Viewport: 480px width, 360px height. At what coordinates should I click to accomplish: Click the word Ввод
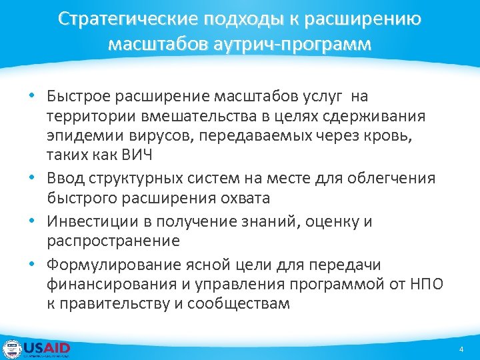click(x=67, y=178)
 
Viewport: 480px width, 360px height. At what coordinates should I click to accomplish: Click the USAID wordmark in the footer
click(x=47, y=347)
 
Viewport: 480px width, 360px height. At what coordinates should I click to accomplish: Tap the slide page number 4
click(x=461, y=349)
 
